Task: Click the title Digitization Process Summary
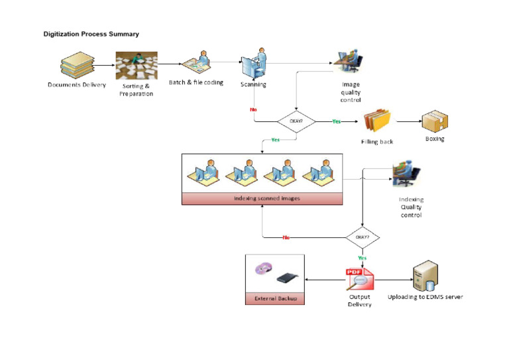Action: pos(91,34)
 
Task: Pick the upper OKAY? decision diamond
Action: pos(296,121)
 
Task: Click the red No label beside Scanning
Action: pos(253,109)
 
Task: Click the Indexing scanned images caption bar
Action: pos(262,198)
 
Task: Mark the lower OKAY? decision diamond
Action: pos(362,237)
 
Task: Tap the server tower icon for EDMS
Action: pos(425,274)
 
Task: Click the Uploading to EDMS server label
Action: pos(425,297)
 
